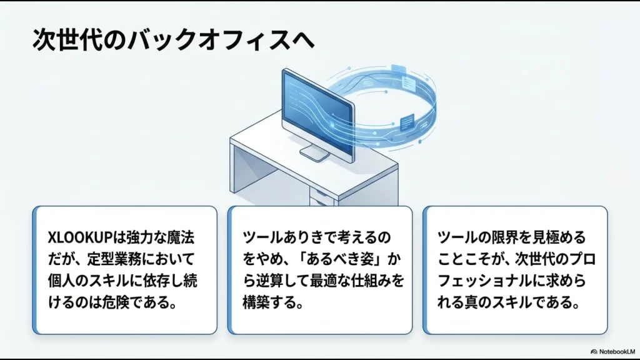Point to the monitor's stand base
coord(314,153)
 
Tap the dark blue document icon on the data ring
coord(409,119)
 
